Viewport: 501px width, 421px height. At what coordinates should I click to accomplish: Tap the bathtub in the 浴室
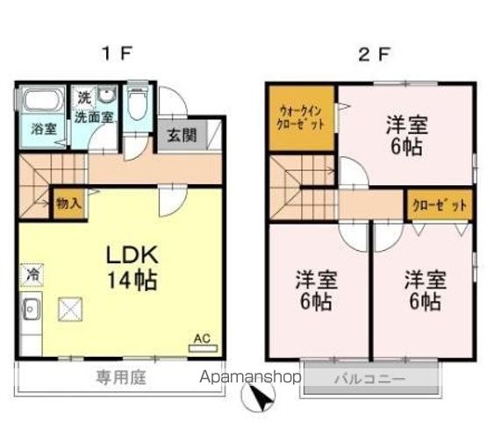pyautogui.click(x=38, y=100)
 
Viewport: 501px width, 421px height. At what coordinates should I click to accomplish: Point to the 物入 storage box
pyautogui.click(x=68, y=203)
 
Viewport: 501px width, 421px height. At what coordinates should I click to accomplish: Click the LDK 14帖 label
pyautogui.click(x=132, y=268)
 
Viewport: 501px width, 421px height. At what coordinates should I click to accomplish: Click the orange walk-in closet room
pyautogui.click(x=302, y=118)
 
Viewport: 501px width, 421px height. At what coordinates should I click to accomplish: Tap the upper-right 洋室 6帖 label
pyautogui.click(x=404, y=134)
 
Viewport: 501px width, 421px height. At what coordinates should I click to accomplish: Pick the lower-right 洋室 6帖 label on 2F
pyautogui.click(x=425, y=291)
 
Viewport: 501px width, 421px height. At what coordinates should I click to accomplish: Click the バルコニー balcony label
pyautogui.click(x=368, y=379)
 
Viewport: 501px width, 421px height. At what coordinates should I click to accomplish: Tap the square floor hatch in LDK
pyautogui.click(x=71, y=310)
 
